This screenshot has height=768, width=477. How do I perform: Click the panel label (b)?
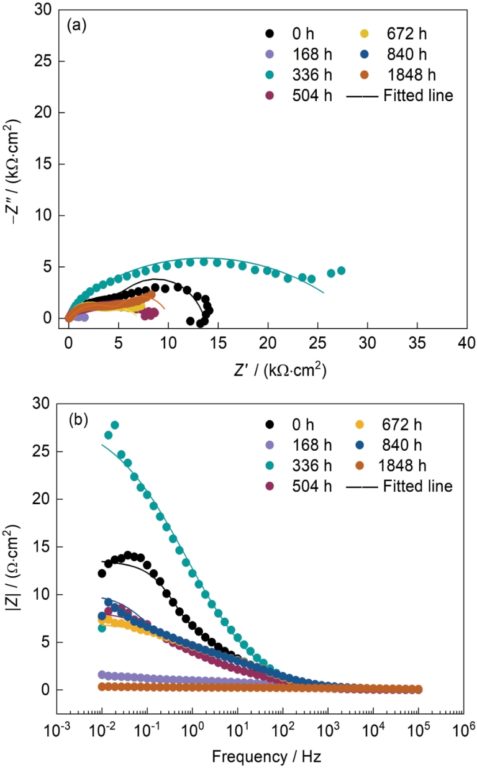[x=78, y=418]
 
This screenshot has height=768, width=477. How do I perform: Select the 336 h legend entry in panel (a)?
[x=289, y=75]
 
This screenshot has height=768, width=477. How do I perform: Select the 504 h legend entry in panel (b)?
[x=289, y=486]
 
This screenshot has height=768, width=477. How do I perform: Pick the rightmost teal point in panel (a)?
[x=341, y=271]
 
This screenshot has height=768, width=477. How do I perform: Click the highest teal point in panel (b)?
[x=115, y=425]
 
